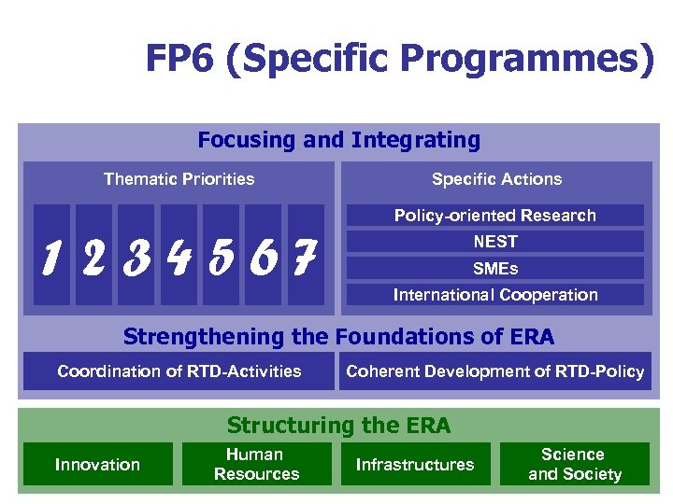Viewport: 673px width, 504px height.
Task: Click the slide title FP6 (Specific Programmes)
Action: click(400, 60)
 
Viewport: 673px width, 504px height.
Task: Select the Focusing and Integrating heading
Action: click(338, 141)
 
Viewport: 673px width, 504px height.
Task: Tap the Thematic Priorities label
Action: click(179, 179)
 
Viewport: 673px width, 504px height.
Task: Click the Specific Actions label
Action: click(496, 179)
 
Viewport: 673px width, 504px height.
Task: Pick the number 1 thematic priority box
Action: click(51, 255)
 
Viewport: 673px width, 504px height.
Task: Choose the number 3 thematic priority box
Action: click(136, 255)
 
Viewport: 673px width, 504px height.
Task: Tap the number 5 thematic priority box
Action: click(222, 255)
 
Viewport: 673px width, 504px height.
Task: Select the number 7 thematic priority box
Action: click(306, 255)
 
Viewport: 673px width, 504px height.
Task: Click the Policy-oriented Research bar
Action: click(495, 216)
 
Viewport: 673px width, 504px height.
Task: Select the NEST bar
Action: click(495, 242)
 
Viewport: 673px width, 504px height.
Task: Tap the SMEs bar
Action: click(495, 269)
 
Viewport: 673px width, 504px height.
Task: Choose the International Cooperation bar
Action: click(495, 295)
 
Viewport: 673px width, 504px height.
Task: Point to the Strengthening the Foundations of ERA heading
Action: click(338, 337)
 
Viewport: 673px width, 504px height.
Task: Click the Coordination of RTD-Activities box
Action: click(179, 371)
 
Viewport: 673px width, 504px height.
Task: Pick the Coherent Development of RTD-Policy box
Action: click(495, 371)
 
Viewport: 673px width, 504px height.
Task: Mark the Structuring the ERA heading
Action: click(338, 427)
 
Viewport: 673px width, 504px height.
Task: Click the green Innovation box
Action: click(98, 465)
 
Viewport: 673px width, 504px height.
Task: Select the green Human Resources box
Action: click(256, 465)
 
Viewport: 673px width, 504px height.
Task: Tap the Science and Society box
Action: click(574, 465)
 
